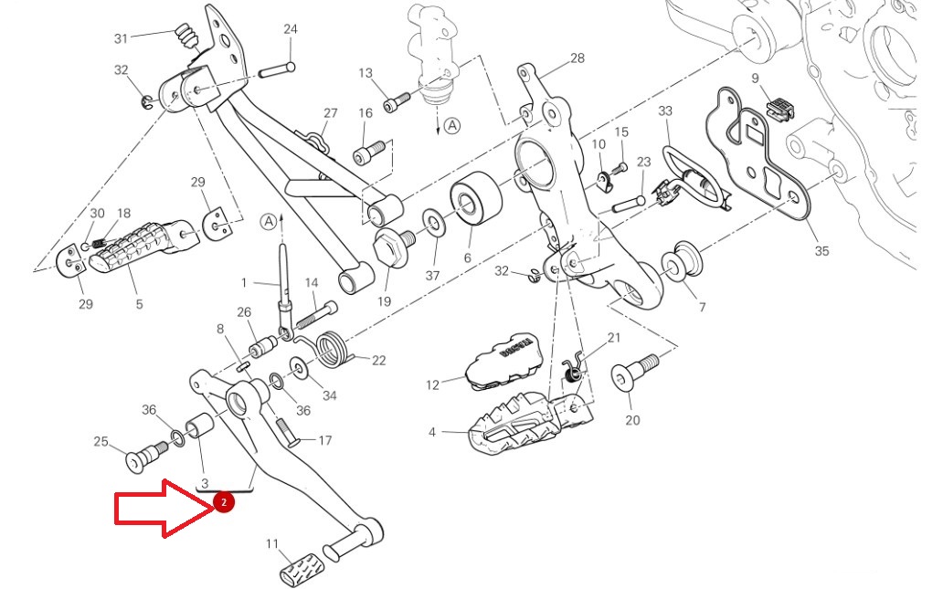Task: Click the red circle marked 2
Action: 224,501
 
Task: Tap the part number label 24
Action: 291,29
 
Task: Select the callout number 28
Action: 577,58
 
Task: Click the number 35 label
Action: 821,251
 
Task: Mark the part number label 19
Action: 383,301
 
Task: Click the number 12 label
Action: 433,384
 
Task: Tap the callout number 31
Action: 121,38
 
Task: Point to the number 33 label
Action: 665,111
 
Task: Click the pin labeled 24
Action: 275,69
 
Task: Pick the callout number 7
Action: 702,307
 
